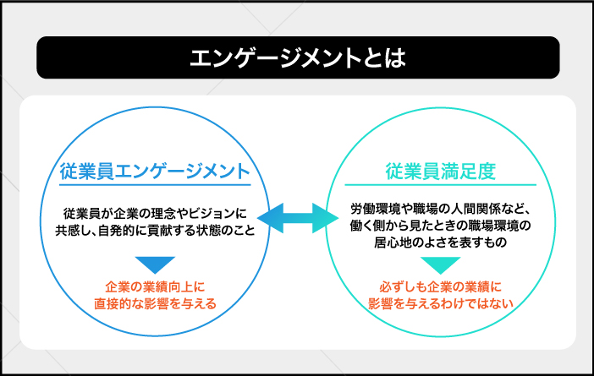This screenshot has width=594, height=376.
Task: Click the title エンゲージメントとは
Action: coord(297,57)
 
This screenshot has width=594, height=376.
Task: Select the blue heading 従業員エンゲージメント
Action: coord(155,171)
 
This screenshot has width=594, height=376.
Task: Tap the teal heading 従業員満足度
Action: coord(441,171)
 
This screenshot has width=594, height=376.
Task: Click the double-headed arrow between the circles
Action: coord(298,218)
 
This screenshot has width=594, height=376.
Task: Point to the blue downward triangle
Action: coord(155,264)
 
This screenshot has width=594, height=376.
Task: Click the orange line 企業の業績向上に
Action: coord(155,286)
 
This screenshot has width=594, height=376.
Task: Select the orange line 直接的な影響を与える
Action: coord(155,303)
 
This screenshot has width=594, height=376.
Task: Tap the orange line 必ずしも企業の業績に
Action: coord(441,286)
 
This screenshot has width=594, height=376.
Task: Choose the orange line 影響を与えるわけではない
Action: coord(441,303)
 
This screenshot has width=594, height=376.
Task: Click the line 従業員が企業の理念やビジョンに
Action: coord(155,213)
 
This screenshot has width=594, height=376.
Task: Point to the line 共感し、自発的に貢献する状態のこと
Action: coord(155,230)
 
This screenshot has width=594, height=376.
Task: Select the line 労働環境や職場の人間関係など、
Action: coord(441,209)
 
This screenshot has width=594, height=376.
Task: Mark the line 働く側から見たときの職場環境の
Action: coord(441,225)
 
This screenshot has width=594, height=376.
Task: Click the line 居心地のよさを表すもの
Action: coord(441,242)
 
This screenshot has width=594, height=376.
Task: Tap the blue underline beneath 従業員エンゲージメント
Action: coord(155,184)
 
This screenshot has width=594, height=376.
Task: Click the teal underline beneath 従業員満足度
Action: coord(441,184)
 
